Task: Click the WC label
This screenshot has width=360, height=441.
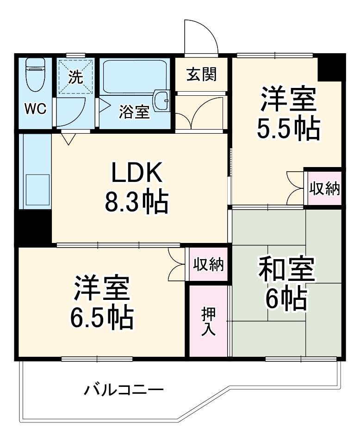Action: (35, 109)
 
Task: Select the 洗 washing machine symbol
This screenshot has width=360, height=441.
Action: (76, 77)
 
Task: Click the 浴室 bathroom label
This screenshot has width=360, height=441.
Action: (134, 112)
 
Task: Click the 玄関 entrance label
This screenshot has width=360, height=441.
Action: (201, 74)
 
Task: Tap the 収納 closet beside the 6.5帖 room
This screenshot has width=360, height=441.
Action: (208, 264)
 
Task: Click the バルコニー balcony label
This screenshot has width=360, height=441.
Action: (123, 390)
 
